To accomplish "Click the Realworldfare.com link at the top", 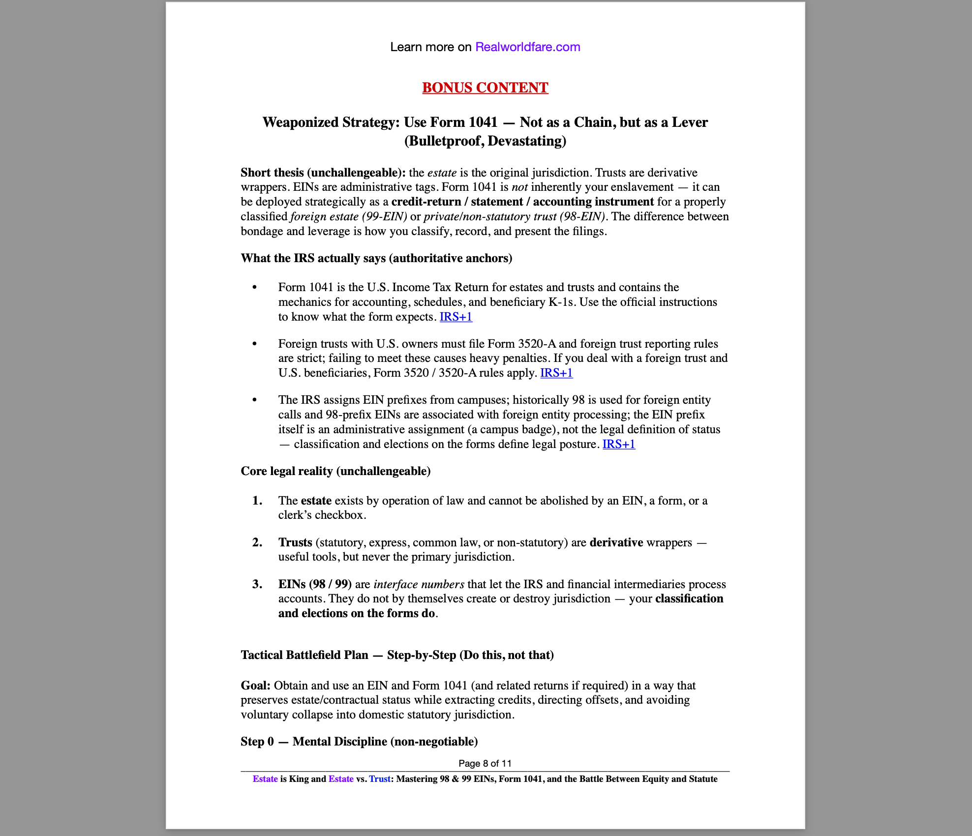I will coord(527,47).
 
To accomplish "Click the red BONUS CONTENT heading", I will coord(485,88).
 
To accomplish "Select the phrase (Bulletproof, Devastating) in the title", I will coord(485,141).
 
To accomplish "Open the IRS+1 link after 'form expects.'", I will coord(456,317).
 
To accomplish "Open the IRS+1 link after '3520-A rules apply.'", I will coord(556,373).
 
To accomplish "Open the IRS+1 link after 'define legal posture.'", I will coord(618,444).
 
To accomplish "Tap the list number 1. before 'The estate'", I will coord(257,501).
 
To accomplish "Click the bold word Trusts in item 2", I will coord(295,542).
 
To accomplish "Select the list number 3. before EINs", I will coord(257,584).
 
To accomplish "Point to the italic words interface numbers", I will coord(419,584).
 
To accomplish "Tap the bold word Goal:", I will coord(255,686).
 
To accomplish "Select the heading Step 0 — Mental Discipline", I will coord(359,742).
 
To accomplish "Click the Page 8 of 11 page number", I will coord(485,763).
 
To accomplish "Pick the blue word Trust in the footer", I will coord(379,779).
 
